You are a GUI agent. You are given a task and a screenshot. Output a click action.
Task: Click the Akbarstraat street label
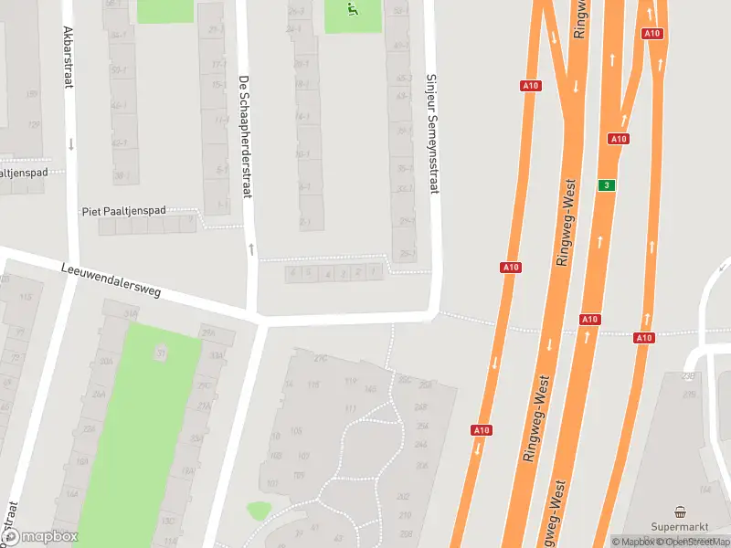67,57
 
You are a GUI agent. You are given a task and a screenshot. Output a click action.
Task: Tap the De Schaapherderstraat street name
244,136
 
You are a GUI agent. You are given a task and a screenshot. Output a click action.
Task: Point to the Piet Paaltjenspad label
123,211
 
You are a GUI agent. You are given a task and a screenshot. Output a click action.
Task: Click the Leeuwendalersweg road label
111,281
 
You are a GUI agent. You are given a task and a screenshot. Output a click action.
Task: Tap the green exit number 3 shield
605,185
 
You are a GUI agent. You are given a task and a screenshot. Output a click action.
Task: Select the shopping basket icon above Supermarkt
680,511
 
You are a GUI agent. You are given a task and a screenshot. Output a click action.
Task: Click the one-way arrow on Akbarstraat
71,143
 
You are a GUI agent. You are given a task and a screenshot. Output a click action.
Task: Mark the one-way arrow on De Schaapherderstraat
250,248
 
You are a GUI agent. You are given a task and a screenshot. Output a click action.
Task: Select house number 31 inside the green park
161,353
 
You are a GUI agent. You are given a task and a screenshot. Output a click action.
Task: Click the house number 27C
320,359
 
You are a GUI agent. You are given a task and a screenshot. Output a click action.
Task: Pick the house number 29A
209,332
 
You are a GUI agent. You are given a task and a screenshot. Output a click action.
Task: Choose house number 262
403,496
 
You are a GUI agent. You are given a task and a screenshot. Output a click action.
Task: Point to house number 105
295,430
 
